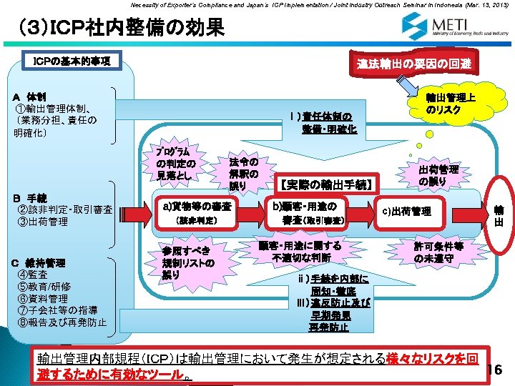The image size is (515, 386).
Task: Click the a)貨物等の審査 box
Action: pyautogui.click(x=198, y=212)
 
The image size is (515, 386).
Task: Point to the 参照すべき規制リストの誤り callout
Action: pyautogui.click(x=187, y=262)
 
